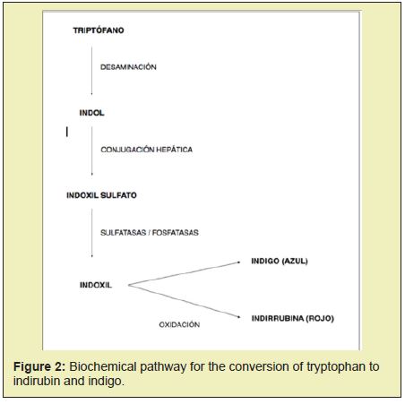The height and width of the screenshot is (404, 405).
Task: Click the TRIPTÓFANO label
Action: coord(99,30)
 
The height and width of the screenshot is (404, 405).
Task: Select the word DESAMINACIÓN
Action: coord(128,67)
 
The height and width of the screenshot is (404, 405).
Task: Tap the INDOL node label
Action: coord(91,113)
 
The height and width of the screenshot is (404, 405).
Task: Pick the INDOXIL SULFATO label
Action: coord(101,195)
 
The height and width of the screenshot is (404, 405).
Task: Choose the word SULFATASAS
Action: coord(123,232)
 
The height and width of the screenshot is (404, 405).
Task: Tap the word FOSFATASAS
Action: coord(176,232)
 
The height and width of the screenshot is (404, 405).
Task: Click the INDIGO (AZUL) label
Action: coord(280,261)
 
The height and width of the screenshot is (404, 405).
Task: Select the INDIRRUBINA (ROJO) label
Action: coord(293,318)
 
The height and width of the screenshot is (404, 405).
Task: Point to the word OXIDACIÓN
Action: coord(179,324)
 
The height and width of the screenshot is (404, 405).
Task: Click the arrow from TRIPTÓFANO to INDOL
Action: coord(91,71)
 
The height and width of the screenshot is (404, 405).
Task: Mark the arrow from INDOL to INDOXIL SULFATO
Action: coord(91,151)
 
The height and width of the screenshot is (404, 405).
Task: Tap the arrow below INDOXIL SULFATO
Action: coord(91,233)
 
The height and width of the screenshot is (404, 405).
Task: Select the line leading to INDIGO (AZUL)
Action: coord(185,273)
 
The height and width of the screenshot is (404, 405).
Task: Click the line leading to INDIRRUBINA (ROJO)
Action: coord(185,301)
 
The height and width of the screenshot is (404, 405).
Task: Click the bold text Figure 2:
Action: coord(39,366)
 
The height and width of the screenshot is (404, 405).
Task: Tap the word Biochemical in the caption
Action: coord(103,366)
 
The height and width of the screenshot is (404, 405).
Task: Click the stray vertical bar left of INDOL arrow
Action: coord(67,132)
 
